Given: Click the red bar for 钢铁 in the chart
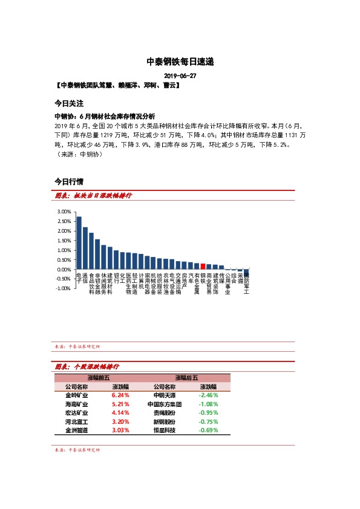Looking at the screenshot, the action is pyautogui.click(x=203, y=267).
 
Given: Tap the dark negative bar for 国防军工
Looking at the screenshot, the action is pyautogui.click(x=246, y=273).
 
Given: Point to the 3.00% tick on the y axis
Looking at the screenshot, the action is pyautogui.click(x=64, y=212).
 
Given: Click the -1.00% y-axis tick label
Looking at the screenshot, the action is pyautogui.click(x=63, y=288).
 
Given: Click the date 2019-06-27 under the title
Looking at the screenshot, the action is pyautogui.click(x=180, y=76).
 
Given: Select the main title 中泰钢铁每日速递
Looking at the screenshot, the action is pyautogui.click(x=180, y=62).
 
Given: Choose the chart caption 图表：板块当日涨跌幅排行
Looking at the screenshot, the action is pyautogui.click(x=93, y=196).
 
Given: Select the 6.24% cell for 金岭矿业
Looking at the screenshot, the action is pyautogui.click(x=120, y=395).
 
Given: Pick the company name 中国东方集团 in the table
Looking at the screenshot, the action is pyautogui.click(x=164, y=404).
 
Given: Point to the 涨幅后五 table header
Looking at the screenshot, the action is pyautogui.click(x=186, y=377).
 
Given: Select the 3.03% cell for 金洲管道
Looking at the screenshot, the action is pyautogui.click(x=120, y=430).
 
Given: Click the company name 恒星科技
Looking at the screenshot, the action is pyautogui.click(x=164, y=430).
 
